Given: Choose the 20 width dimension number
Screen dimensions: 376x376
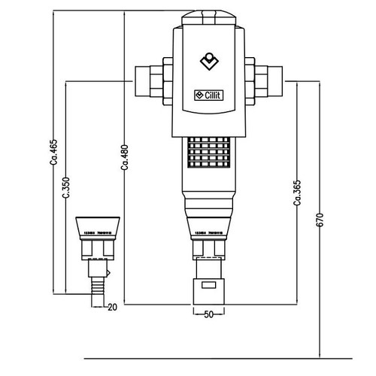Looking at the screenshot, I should (113, 307).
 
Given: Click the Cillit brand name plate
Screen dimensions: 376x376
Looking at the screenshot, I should (211, 95).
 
